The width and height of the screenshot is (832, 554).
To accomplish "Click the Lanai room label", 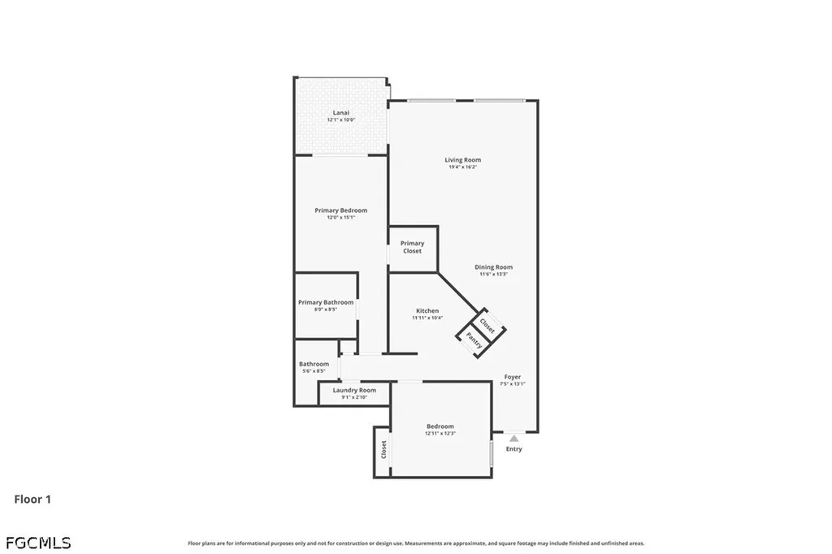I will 341,112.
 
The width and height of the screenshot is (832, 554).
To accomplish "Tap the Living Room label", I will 462,160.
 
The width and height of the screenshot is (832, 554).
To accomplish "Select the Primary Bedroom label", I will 341,210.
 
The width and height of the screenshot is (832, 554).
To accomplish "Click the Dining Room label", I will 494,267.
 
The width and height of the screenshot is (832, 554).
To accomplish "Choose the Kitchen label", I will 427,310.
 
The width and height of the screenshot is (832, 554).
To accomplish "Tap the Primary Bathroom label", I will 326,302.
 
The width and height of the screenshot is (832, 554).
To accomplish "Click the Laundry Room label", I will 354,390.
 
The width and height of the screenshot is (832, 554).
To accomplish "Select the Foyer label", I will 513,377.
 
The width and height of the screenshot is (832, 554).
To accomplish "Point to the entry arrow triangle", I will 513,439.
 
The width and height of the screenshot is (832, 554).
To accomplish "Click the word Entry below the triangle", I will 514,449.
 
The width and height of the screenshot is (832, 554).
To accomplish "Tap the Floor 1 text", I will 32,500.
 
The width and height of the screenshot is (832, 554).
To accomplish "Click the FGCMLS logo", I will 38,542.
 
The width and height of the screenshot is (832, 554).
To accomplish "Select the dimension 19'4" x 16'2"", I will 462,167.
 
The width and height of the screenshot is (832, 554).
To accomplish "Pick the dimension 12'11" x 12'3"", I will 440,434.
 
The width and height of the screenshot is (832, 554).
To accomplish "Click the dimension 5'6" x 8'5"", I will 314,371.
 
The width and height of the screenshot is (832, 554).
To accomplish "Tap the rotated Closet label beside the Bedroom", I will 383,449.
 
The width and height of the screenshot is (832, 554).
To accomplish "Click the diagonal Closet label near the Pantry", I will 487,325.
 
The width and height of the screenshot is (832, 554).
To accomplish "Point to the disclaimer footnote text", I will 416,543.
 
